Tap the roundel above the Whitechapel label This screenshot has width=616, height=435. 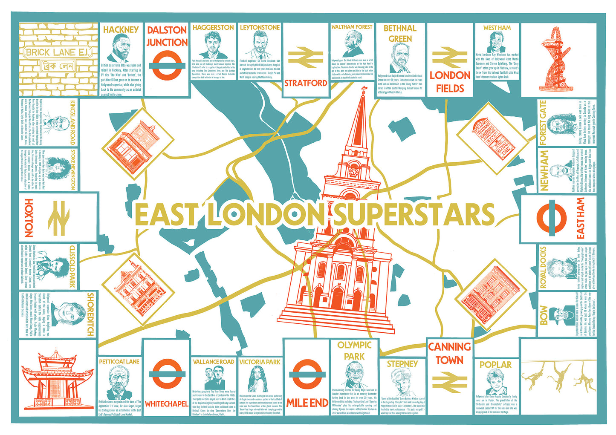click(x=167, y=375)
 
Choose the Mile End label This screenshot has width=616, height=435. click(x=307, y=403)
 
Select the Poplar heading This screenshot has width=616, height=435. click(x=495, y=365)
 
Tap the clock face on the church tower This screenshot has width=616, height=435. click(x=353, y=172)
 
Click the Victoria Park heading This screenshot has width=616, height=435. click(x=260, y=362)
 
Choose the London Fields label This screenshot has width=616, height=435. click(x=450, y=81)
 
